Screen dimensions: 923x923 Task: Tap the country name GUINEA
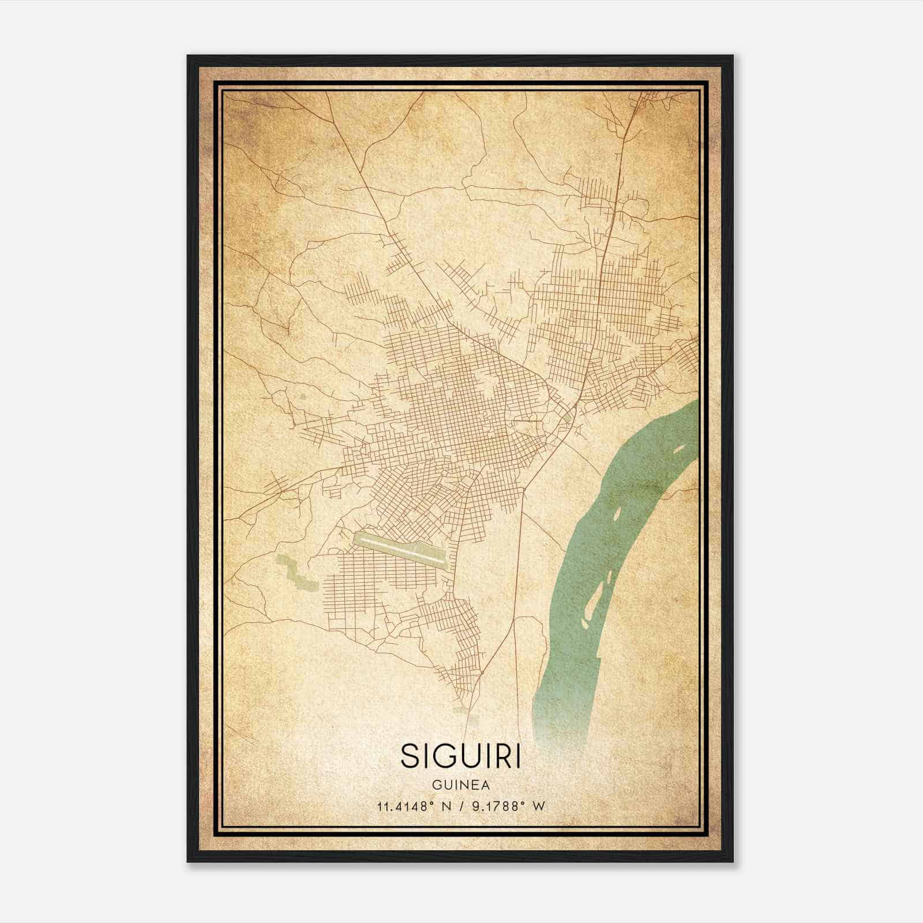point(460,785)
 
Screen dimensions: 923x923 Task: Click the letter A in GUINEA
point(486,785)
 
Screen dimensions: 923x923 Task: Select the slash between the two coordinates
point(461,806)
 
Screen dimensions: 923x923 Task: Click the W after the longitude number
point(539,806)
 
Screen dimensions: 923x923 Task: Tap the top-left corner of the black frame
point(189,57)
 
